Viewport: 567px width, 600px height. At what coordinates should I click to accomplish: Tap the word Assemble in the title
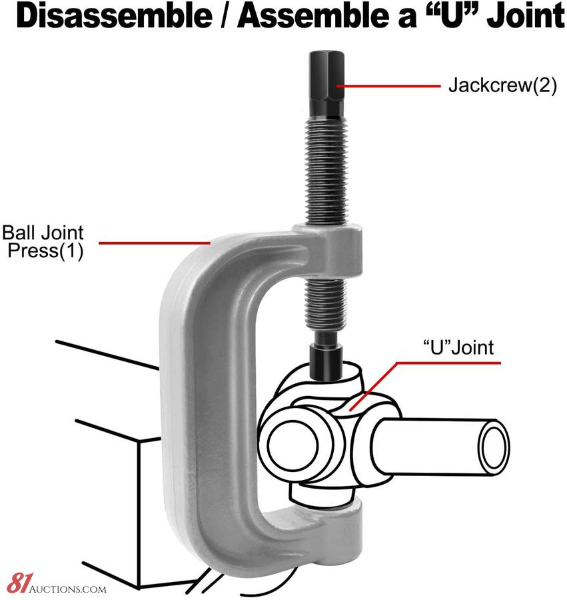(313, 17)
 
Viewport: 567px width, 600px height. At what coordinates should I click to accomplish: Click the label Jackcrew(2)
(502, 86)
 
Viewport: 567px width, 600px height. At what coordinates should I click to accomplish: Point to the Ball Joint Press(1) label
(43, 243)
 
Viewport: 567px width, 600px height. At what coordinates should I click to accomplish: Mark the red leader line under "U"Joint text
(453, 363)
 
